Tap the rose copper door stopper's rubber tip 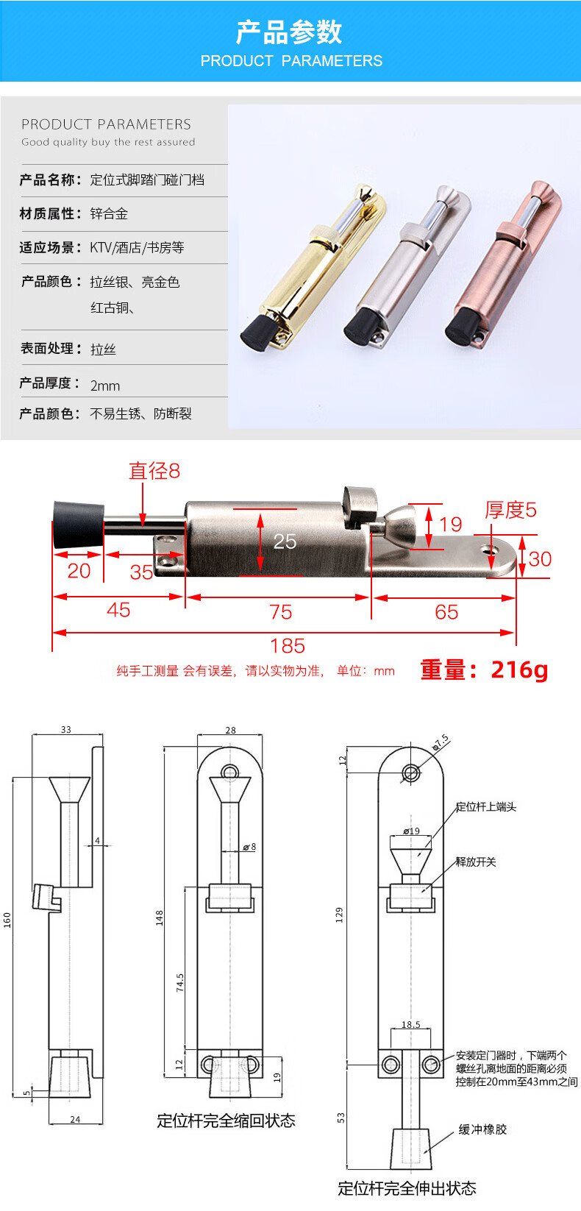(462, 327)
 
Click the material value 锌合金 (109, 213)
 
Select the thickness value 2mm (105, 386)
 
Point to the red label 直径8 (154, 471)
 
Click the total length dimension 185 (288, 645)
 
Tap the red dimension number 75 (280, 612)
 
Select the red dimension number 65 (446, 612)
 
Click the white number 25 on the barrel (285, 541)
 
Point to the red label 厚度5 (510, 510)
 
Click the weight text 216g (519, 670)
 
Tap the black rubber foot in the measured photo (79, 524)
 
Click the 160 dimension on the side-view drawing (7, 920)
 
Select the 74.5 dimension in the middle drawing (180, 982)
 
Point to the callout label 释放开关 (476, 862)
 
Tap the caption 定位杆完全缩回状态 (226, 1121)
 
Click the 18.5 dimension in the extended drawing (411, 1024)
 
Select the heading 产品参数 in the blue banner (290, 32)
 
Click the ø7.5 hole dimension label (441, 742)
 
